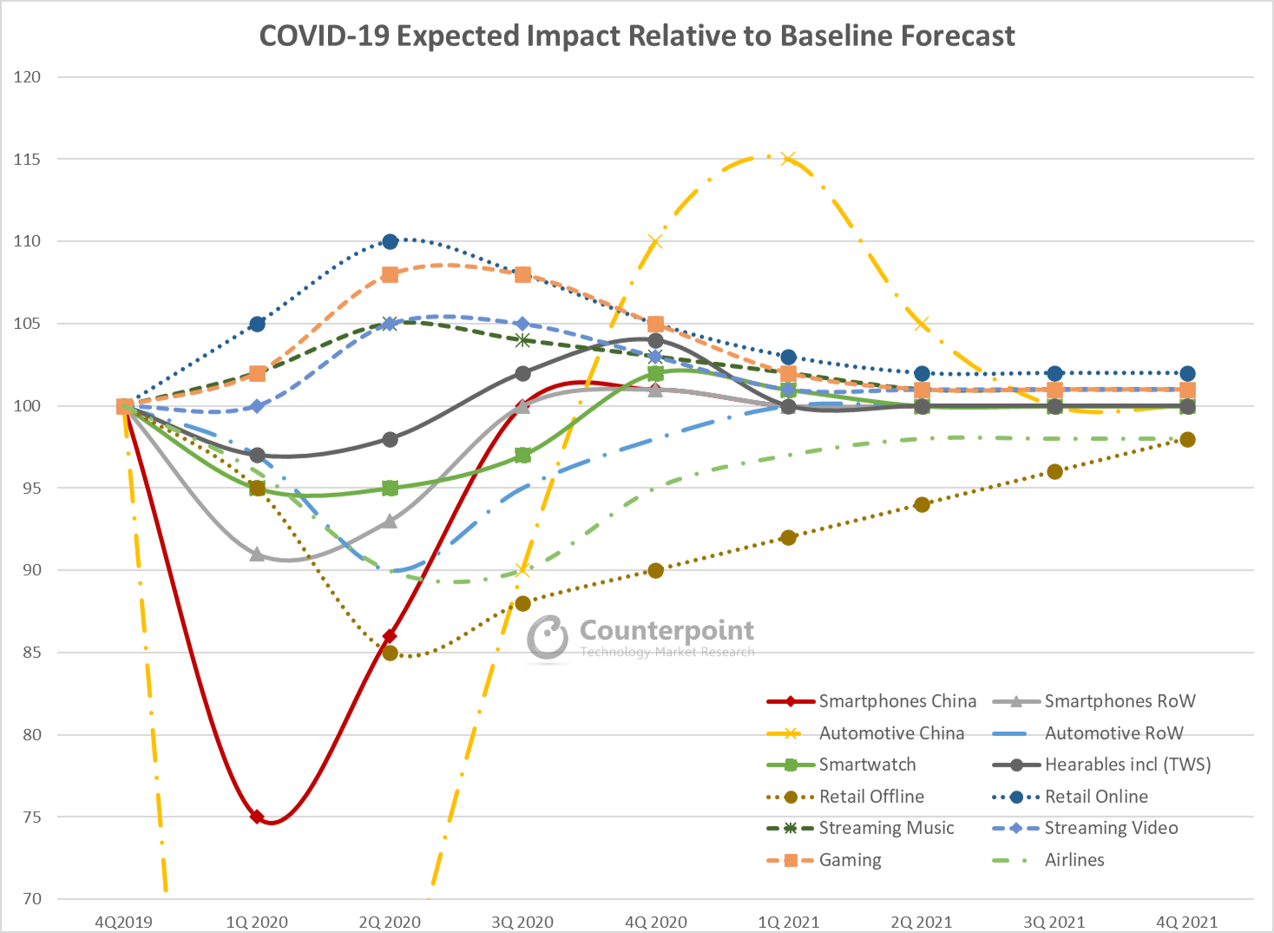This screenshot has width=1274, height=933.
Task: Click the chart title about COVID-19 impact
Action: point(637,36)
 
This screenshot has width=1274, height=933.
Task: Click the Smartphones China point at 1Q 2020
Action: point(257,817)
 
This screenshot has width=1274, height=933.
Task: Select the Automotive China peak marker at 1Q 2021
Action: point(788,159)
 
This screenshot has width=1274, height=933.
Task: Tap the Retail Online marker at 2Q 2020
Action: point(390,241)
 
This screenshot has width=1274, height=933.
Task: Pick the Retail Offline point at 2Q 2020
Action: point(390,653)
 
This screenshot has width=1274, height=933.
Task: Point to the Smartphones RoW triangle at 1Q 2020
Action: point(257,554)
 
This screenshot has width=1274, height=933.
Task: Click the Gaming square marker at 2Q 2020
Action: point(390,274)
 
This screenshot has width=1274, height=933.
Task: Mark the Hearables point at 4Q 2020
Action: point(655,340)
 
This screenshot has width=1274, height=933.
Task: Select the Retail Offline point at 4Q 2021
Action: point(1187,439)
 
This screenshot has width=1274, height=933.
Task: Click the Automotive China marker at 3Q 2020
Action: point(522,570)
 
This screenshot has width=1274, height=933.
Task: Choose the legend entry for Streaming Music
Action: point(885,828)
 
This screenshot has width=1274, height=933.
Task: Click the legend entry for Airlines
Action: point(1074,860)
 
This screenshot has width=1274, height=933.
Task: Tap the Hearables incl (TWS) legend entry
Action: point(1126,765)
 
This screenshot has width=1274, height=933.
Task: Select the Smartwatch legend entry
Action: point(866,765)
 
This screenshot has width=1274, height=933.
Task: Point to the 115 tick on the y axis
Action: point(27,159)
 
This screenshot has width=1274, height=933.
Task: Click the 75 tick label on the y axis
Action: point(30,817)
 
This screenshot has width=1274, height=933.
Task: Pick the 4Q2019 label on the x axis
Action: point(123,922)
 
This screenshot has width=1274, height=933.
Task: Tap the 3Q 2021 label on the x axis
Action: point(1054,922)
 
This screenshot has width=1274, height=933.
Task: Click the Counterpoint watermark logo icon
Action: point(548,638)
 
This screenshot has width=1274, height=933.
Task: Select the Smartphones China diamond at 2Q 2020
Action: point(390,636)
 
